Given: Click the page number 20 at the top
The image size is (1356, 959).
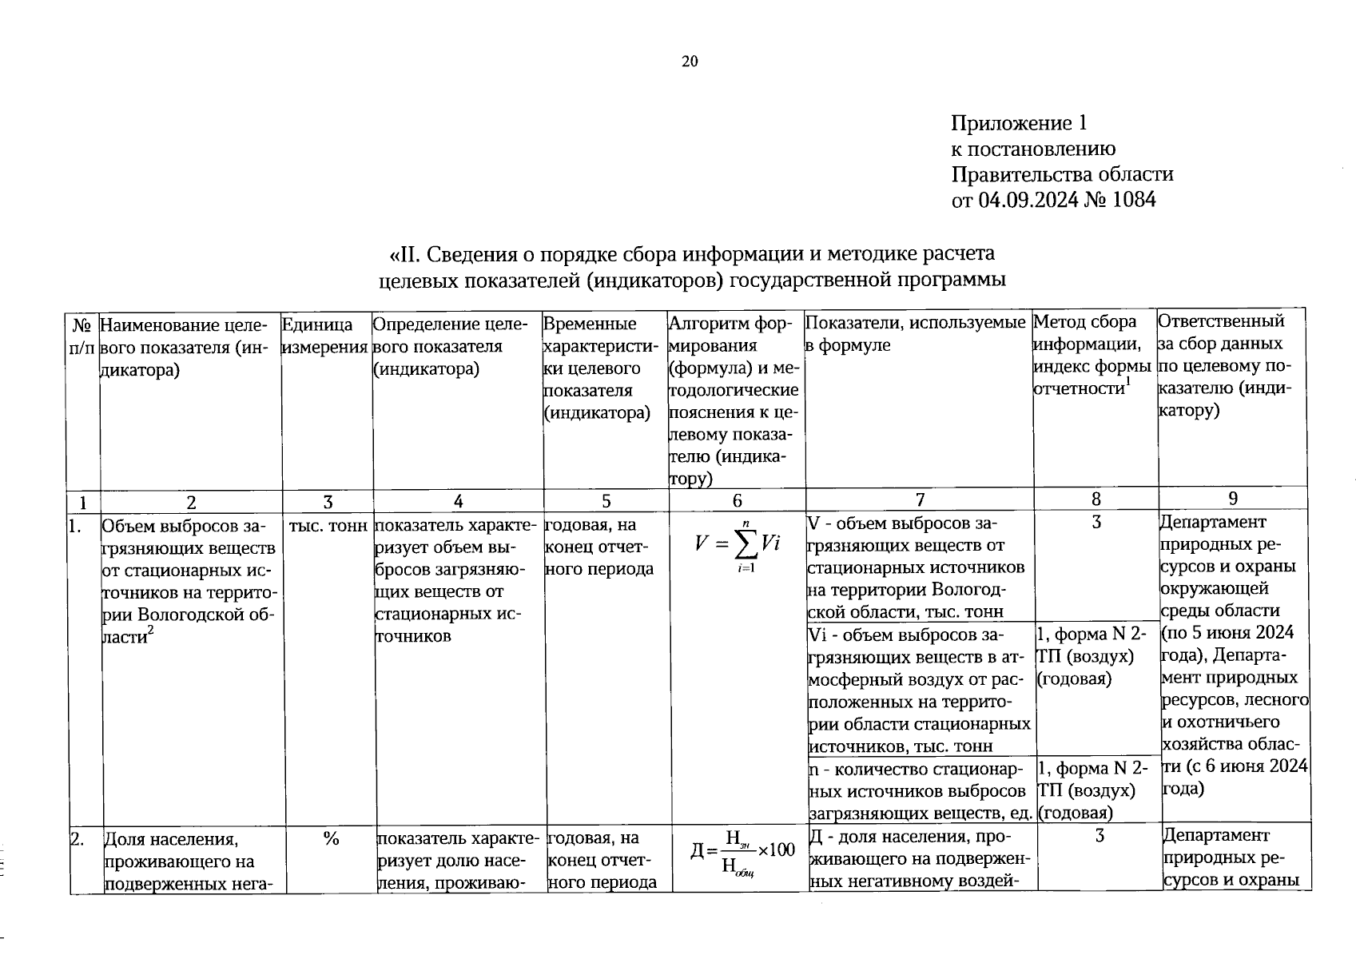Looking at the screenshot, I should pyautogui.click(x=690, y=62).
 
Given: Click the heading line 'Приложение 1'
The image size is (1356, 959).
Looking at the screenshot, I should pyautogui.click(x=1019, y=123).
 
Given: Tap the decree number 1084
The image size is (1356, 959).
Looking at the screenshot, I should pyautogui.click(x=1131, y=199).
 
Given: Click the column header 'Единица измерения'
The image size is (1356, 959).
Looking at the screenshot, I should pyautogui.click(x=325, y=335).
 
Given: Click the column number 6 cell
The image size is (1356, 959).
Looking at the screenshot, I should pyautogui.click(x=737, y=500).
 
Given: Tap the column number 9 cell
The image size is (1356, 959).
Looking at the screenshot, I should pyautogui.click(x=1233, y=499).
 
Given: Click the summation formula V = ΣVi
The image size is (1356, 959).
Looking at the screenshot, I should pyautogui.click(x=737, y=545).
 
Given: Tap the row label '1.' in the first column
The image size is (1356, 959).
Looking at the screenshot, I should pyautogui.click(x=76, y=527).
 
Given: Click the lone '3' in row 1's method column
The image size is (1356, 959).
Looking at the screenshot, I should pyautogui.click(x=1096, y=523).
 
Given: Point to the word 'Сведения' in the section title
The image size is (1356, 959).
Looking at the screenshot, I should pyautogui.click(x=472, y=254).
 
